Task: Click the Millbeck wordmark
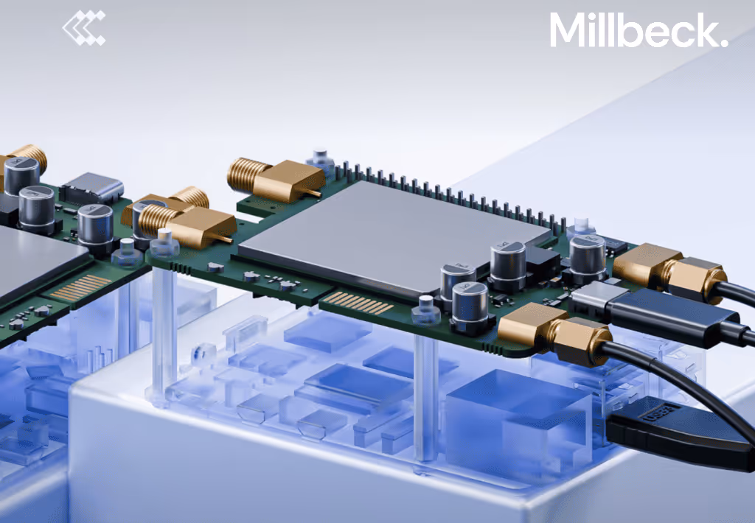coord(639,29)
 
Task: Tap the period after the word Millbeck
coord(723,42)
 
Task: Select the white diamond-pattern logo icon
coord(84,28)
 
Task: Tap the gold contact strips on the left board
coord(80,287)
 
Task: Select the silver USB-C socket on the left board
coord(92,188)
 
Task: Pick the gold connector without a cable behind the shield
coord(275,180)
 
